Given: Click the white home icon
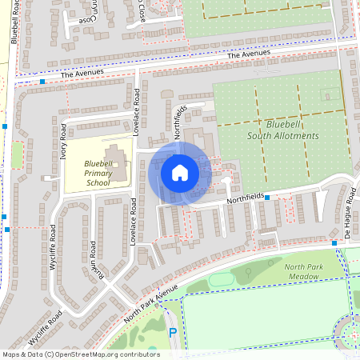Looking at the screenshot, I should tap(179, 173).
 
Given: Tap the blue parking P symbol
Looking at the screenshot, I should tap(172, 333).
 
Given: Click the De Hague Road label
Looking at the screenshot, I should tap(349, 216).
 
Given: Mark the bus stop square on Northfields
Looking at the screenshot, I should tap(267, 197).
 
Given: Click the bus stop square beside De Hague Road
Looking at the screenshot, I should tap(334, 242).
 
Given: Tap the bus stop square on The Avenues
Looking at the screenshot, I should tap(42, 82).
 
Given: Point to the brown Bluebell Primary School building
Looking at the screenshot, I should tap(118, 162).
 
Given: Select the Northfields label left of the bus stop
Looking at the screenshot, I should tap(243, 199).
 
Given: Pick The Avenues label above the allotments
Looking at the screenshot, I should tap(244, 54).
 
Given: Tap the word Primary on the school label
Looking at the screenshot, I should tap(96, 174).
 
